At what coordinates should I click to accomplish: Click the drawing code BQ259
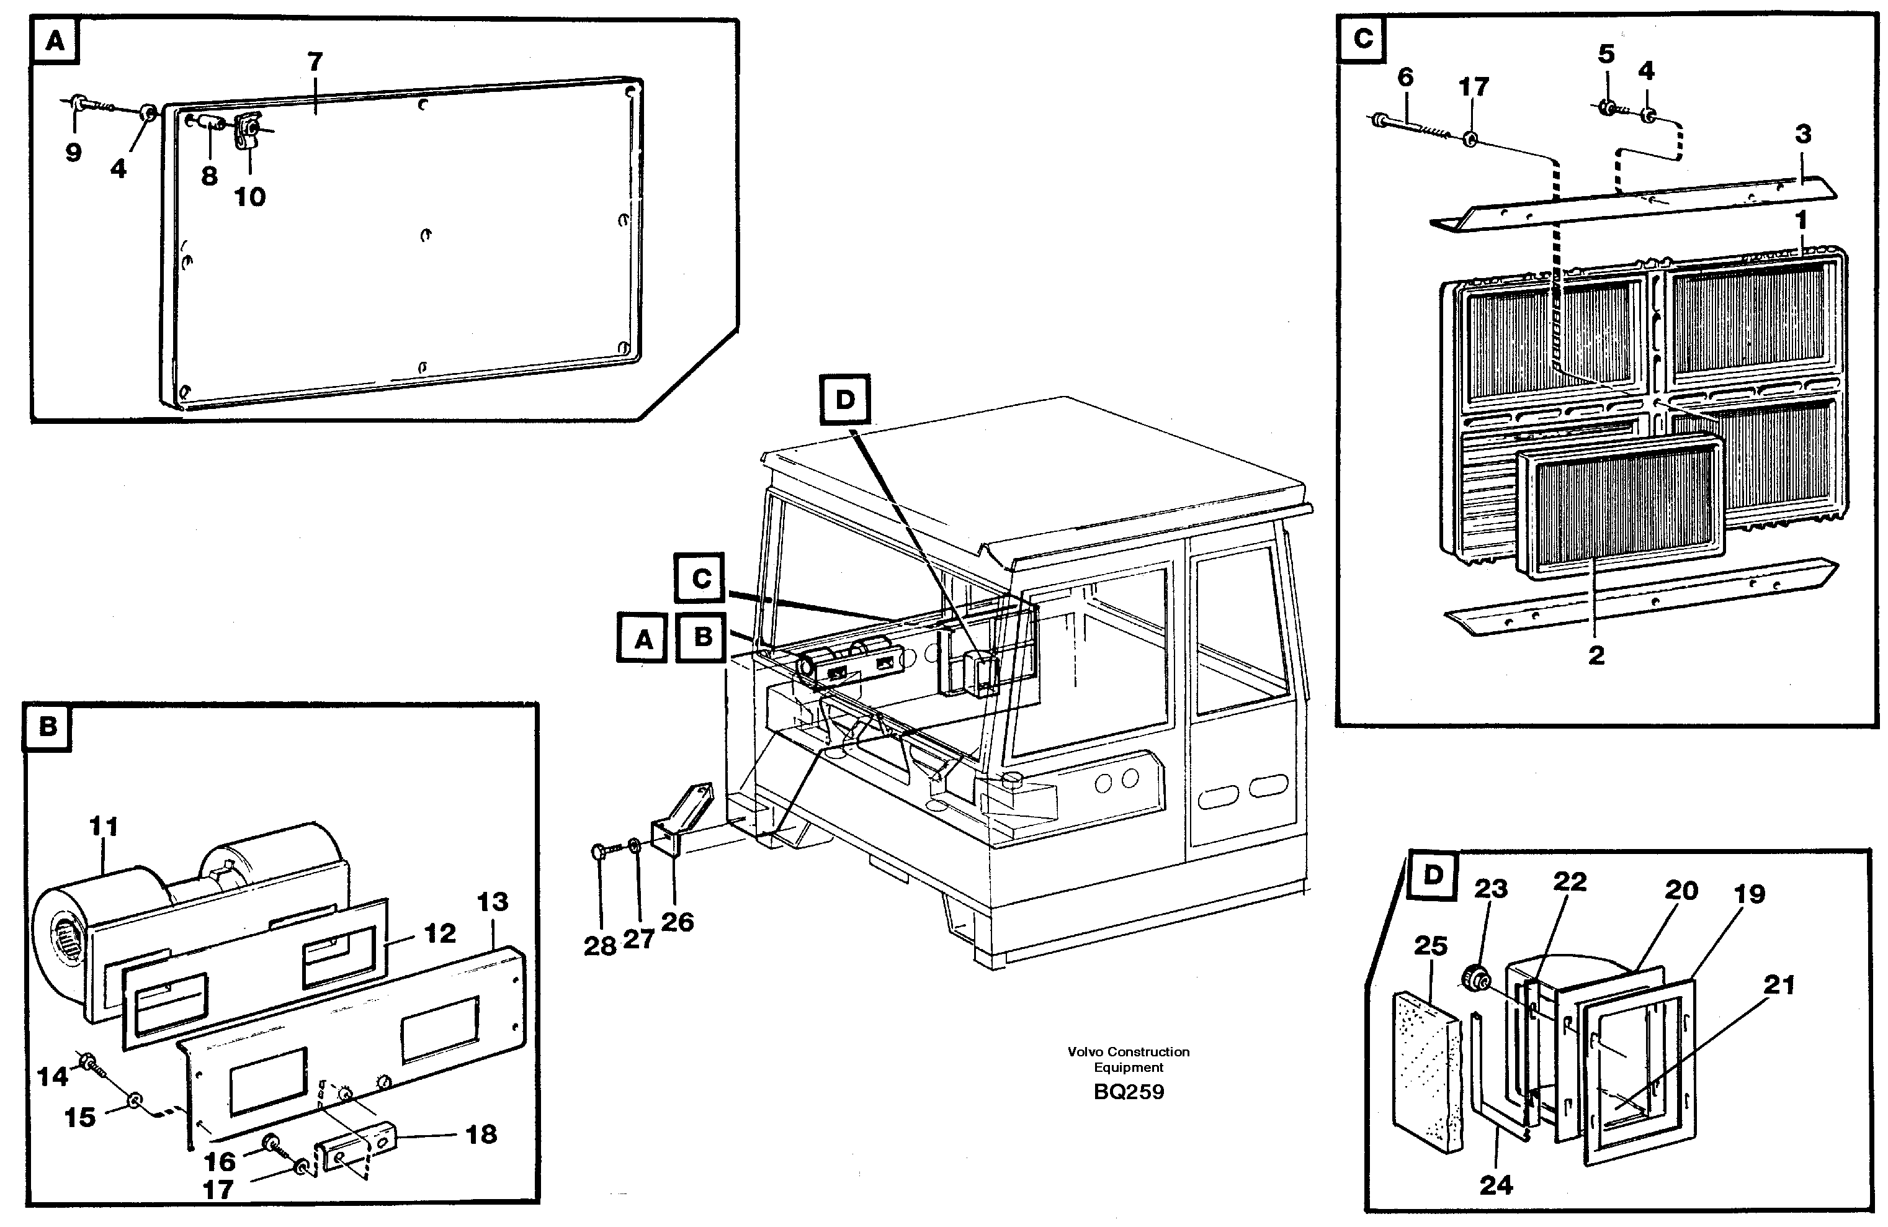1128,1092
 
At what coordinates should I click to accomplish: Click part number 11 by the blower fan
103,826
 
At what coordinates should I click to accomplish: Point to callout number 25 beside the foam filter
1430,945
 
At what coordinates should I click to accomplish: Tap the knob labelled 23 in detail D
1475,977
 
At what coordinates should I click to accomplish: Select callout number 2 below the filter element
1596,655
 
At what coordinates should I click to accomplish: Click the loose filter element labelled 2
1618,508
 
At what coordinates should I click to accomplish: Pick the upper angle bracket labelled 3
1634,205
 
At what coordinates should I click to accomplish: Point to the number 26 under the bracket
677,922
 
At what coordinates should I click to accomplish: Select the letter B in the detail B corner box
48,726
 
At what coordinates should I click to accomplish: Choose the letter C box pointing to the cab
701,578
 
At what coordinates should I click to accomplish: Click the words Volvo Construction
1128,1051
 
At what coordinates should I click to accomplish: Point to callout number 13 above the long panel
493,902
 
